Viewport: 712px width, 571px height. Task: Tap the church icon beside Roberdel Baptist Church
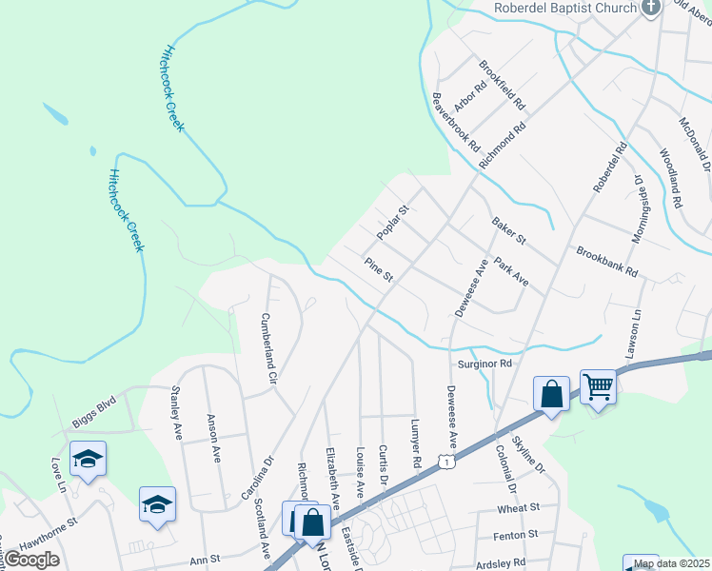click(x=651, y=8)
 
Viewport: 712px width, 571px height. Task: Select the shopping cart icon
click(x=599, y=386)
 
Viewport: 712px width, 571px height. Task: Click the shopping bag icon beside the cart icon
click(x=551, y=393)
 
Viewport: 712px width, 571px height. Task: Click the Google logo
click(x=30, y=560)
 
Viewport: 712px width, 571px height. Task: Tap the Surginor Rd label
click(x=485, y=364)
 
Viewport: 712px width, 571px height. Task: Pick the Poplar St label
click(x=391, y=222)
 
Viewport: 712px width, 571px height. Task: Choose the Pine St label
click(x=378, y=269)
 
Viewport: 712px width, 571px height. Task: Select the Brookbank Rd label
click(x=606, y=261)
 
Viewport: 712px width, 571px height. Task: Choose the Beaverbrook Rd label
click(x=456, y=123)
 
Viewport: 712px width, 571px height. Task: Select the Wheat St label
click(x=519, y=508)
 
